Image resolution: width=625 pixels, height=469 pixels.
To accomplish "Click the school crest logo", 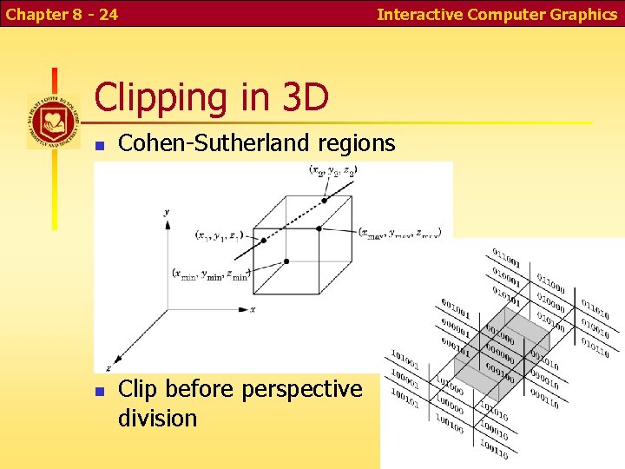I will (x=53, y=121).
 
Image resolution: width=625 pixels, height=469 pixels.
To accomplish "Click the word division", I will (x=158, y=418).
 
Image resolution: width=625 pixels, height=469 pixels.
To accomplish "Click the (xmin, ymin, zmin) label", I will (x=212, y=274).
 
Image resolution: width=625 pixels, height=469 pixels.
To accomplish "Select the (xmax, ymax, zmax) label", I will (x=401, y=233).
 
